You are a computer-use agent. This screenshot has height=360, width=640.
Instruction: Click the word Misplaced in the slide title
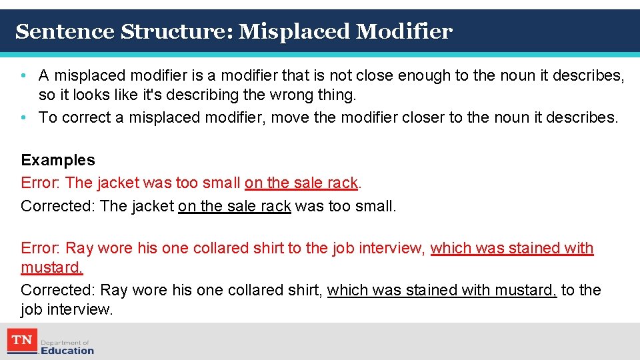pos(293,31)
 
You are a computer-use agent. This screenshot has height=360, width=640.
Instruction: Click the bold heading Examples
pos(58,160)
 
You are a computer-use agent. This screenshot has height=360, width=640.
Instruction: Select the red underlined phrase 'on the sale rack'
pos(301,183)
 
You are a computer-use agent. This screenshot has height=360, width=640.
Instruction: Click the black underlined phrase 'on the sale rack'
pos(234,206)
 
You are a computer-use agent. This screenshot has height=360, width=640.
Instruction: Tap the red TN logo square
pos(23,341)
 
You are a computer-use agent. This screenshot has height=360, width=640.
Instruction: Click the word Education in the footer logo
pos(67,350)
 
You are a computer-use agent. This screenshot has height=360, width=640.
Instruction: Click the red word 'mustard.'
pos(52,268)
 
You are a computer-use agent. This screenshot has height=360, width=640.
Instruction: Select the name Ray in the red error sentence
pos(79,249)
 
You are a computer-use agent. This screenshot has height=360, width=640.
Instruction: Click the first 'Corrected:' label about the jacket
pos(58,206)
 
